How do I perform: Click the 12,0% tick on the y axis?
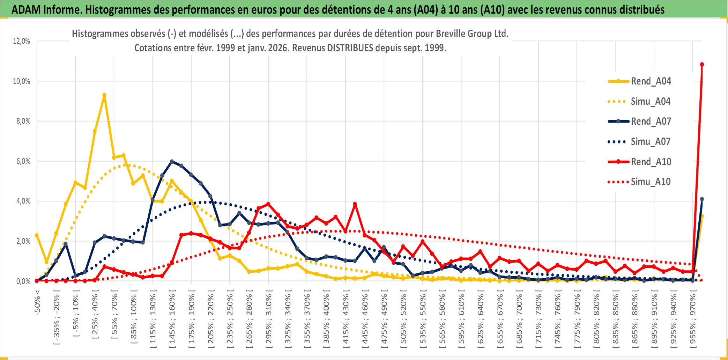(22, 41)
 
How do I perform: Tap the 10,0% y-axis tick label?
(22, 81)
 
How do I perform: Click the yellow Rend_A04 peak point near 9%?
(104, 95)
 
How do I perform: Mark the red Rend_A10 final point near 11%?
(702, 65)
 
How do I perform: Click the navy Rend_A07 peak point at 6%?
(172, 161)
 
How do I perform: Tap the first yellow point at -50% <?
(37, 235)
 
